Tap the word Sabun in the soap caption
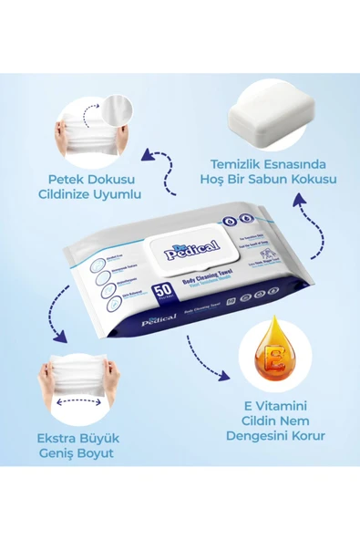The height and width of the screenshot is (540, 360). click(274, 179)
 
